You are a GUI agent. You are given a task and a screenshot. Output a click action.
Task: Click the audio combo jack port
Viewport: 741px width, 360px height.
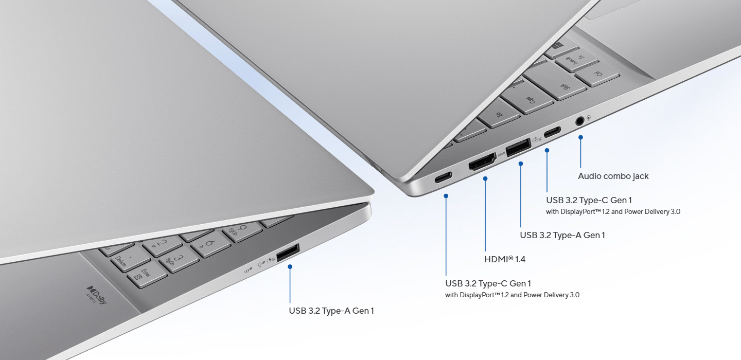click(x=579, y=121)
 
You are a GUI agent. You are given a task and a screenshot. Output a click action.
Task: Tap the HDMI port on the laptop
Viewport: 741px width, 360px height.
click(x=482, y=161)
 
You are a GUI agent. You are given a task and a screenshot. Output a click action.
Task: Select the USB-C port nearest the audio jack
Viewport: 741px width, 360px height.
click(x=553, y=132)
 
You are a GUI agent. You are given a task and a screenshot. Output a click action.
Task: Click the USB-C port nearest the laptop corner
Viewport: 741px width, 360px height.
click(x=443, y=177)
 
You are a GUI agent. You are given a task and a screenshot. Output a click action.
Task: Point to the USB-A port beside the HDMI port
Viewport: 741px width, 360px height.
click(x=518, y=147)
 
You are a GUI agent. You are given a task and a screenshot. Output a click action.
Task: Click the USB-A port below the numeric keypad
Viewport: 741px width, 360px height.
click(x=288, y=253)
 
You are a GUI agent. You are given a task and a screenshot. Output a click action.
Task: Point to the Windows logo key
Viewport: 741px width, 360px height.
click(x=561, y=48)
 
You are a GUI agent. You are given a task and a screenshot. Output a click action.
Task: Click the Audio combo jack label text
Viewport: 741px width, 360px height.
click(x=613, y=176)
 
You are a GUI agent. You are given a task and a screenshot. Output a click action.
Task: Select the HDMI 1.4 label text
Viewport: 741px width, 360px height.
click(x=505, y=259)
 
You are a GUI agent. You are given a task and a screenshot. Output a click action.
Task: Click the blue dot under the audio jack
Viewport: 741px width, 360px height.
click(x=580, y=137)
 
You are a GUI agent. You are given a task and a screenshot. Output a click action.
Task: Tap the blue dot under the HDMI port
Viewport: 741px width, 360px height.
click(x=485, y=178)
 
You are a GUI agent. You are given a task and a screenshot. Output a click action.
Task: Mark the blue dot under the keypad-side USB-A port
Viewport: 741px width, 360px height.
click(x=290, y=266)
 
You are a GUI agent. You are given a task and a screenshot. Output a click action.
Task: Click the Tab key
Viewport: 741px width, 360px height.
click(x=499, y=113)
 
